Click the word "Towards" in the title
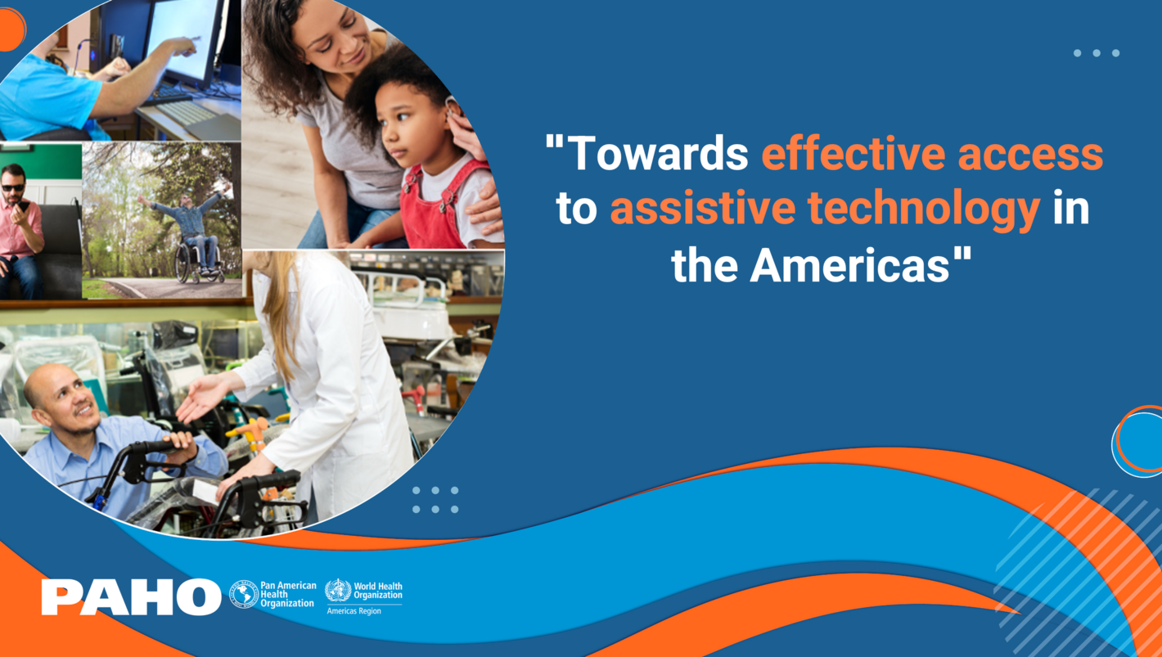658,153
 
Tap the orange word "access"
1030,153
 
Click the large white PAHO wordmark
131,596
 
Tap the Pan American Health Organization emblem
244,595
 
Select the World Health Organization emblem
337,590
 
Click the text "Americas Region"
354,611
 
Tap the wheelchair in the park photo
195,262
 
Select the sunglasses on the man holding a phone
14,187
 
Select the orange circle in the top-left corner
10,29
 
